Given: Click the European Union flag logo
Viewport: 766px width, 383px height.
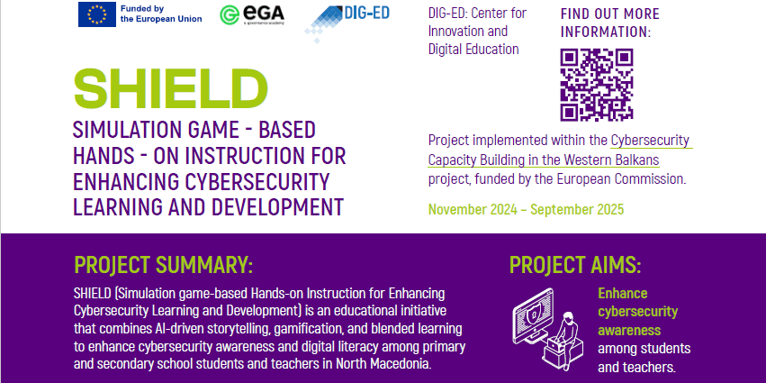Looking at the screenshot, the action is pos(96,14).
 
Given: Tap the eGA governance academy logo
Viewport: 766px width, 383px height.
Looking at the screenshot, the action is pos(252,14).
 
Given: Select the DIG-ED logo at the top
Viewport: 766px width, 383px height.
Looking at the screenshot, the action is pos(347,22).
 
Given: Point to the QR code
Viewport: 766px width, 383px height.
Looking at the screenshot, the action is pos(597,85).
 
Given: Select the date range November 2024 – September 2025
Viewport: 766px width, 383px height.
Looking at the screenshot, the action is pos(527,209).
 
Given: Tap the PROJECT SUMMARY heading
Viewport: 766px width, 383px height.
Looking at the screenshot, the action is pos(164,265).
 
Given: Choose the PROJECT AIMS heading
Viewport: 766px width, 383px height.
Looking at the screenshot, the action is pos(575,265).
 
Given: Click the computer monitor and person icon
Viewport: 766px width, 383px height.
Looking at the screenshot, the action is pos(548,328).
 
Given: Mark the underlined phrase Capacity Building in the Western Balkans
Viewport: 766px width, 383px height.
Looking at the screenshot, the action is pos(544,160).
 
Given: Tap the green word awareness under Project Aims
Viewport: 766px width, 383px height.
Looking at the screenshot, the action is pos(629,330).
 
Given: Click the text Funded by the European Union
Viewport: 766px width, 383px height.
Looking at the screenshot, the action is pos(161,14).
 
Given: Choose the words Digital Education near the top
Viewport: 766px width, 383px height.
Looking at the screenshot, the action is pos(473,49).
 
